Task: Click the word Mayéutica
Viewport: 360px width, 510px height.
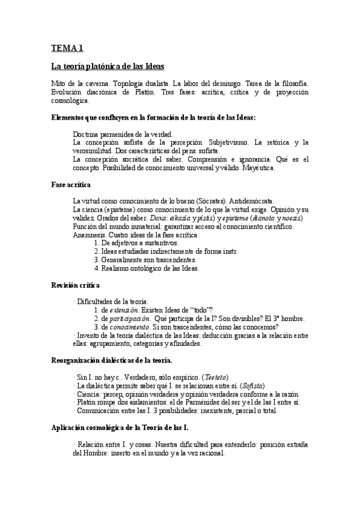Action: click(257, 168)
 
